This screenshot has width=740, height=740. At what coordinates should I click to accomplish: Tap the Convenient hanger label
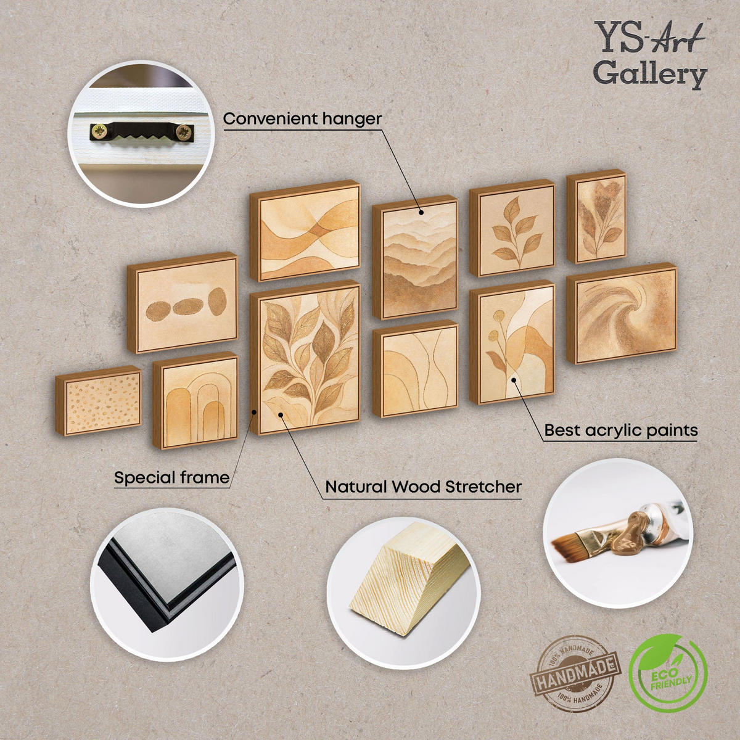coord(302,119)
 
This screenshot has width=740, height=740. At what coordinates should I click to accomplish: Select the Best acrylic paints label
coord(620,430)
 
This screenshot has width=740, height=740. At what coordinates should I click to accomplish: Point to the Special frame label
coord(171,478)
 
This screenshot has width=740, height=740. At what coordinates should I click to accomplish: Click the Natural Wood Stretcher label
coord(423,487)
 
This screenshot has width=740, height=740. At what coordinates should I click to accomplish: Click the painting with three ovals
coord(183,303)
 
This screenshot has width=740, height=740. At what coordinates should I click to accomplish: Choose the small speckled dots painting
coord(99,401)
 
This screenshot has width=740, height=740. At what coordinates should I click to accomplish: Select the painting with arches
coord(195,400)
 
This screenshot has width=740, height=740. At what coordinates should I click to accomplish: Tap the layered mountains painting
coord(416,257)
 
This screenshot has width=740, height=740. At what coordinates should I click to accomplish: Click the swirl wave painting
coord(622,313)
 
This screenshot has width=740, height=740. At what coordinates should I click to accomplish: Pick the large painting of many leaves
coord(305,358)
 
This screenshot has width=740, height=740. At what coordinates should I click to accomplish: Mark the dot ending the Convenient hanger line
coord(421,212)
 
